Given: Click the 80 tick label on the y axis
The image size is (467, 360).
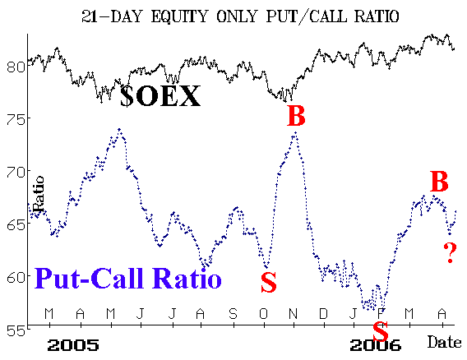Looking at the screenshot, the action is (16, 67).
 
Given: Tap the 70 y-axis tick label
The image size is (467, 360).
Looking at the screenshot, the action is (16, 172).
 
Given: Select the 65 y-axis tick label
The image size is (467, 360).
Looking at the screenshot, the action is (16, 224).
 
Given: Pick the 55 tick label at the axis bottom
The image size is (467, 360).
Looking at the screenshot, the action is (16, 330).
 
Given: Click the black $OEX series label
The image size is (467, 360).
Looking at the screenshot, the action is (160, 96).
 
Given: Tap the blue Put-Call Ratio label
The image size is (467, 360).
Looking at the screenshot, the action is (128, 278).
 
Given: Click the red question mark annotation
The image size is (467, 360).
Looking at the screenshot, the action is (450, 253).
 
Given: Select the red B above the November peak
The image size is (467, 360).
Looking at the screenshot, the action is (296, 116).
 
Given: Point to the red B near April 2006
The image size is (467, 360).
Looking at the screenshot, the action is (439, 182).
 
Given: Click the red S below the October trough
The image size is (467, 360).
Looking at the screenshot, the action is (269, 282).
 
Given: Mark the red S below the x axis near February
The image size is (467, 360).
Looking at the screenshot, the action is (381, 331).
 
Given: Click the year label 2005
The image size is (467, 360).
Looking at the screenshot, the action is (73, 345).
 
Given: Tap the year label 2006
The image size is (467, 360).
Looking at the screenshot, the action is (375, 345).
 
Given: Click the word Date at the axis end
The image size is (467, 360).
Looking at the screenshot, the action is (444, 342).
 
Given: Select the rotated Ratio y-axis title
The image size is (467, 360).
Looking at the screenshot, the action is (39, 194).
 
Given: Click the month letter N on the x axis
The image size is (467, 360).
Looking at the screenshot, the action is (294, 313).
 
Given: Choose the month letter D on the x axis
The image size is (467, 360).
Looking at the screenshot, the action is (323, 313).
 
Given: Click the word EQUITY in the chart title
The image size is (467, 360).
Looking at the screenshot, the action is (179, 16).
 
